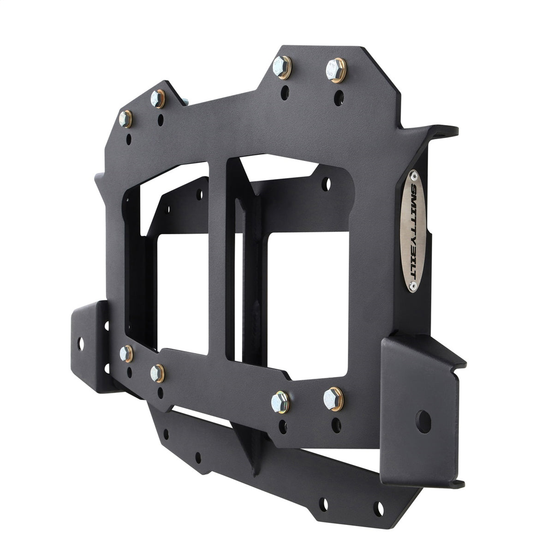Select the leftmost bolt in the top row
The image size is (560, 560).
126,118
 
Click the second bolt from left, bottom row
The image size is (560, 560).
158,371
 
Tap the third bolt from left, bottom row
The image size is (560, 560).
279,399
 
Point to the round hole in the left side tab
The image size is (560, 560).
82,342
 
